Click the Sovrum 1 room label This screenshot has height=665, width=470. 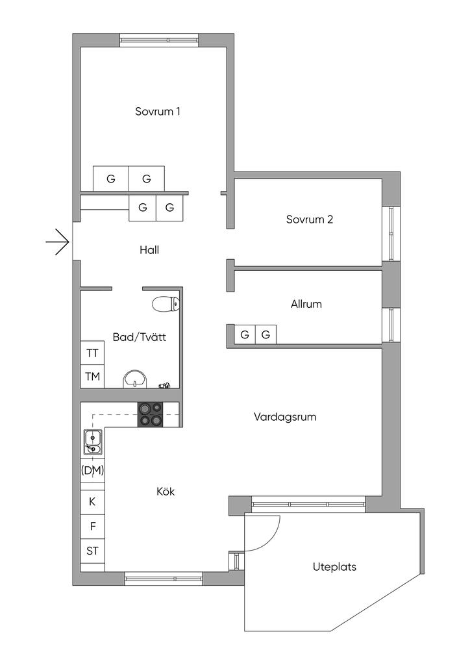(157, 111)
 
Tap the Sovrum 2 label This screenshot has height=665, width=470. (309, 220)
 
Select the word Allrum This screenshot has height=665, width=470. (306, 304)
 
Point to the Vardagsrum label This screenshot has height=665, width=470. (285, 417)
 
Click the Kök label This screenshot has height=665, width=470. (166, 492)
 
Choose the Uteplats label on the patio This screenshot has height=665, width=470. (334, 567)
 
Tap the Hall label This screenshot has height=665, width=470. (149, 249)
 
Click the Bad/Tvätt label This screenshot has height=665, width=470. (139, 338)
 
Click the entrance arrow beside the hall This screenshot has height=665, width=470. (58, 242)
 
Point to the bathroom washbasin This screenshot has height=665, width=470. (135, 378)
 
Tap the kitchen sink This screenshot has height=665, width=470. (92, 442)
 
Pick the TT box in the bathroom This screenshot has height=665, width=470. (92, 354)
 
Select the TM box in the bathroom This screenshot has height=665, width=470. (92, 377)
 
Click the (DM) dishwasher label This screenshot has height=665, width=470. (92, 470)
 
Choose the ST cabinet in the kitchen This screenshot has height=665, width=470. (92, 551)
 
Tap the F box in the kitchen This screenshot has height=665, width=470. (92, 526)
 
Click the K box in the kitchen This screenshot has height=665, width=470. (92, 501)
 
